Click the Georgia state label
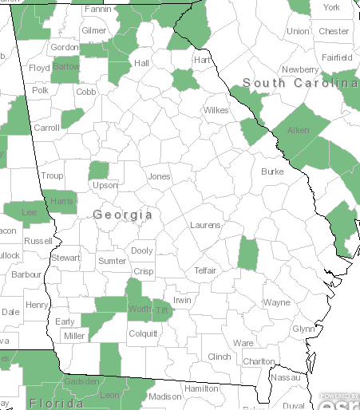coord(123,215)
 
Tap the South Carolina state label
coord(301,83)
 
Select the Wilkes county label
coord(216,110)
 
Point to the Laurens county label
coord(205,225)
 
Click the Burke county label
coord(272,171)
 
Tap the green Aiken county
coord(299,130)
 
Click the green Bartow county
coord(65,68)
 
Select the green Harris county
coord(61,201)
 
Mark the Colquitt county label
coord(143,334)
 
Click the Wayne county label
coord(277,303)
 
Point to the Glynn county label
coord(303,329)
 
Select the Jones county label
coord(159,176)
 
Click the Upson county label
coord(105,185)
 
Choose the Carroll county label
coord(47,128)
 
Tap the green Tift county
coord(162,310)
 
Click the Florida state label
coord(56,404)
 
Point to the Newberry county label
coord(300,69)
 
